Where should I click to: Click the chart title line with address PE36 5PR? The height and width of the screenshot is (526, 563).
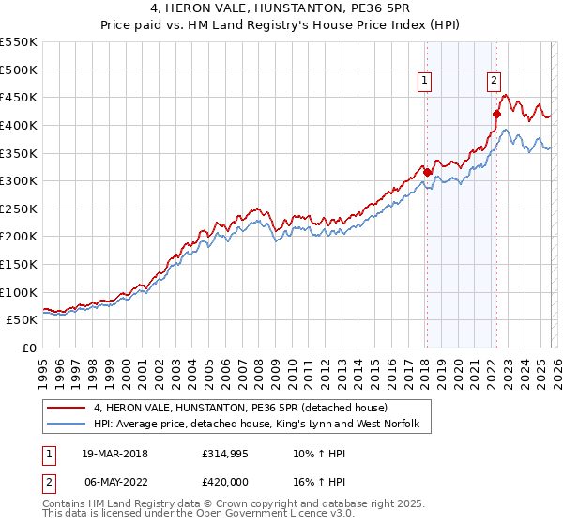(x=281, y=10)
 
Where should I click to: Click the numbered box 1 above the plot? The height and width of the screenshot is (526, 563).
(x=425, y=82)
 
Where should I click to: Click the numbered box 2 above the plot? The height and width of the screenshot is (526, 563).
(x=494, y=82)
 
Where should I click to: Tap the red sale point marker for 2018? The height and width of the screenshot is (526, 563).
(x=427, y=172)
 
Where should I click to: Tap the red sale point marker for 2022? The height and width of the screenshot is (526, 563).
(x=496, y=114)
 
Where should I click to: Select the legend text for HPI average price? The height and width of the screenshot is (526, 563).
(x=262, y=425)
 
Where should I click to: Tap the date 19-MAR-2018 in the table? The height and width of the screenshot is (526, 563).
(x=113, y=454)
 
